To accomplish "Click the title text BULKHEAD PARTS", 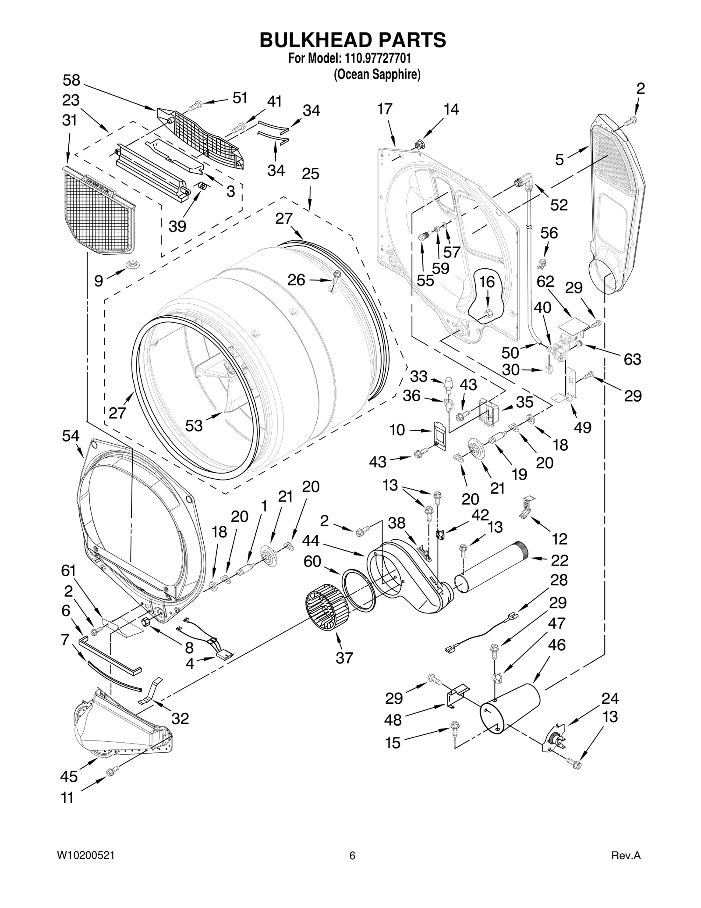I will coord(353,40).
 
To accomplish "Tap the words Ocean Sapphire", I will coord(377,75).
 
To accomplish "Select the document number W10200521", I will coord(86,868).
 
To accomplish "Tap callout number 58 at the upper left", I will coord(71,80).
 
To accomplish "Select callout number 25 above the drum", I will coord(310,174).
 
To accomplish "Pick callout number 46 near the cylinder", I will coord(556,645).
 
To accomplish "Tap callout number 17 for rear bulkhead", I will coord(385,109).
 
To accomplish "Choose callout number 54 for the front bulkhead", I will coord(71,436).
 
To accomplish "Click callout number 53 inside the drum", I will coord(194,425).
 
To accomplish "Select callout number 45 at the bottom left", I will coord(69,776).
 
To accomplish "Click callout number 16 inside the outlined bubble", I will coord(487,282).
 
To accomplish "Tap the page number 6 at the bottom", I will coord(352,868).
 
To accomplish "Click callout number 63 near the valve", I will coord(632,359).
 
